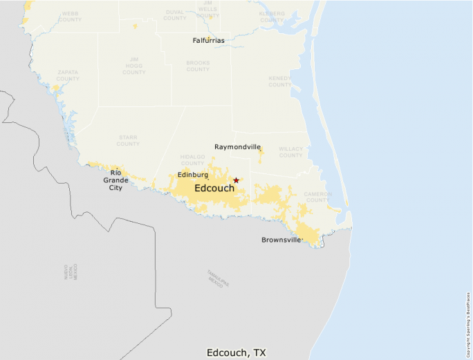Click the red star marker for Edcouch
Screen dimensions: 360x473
236,180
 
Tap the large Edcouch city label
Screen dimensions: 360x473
214,188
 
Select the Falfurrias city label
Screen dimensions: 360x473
208,41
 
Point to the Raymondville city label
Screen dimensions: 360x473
237,147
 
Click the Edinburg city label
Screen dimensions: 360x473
193,175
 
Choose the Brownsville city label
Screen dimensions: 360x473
282,240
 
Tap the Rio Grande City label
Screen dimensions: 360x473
115,180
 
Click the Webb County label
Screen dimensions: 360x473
70,16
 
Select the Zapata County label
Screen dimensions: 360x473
68,75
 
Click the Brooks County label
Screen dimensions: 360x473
198,66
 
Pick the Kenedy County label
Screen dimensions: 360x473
280,82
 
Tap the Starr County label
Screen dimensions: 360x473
128,140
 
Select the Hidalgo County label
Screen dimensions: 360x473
193,160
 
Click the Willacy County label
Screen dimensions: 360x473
291,152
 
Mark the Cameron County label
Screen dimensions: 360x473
318,197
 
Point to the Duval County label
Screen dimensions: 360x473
175,15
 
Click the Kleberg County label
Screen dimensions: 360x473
272,17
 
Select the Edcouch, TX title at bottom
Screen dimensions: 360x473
236,352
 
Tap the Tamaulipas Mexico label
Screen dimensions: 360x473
217,278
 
